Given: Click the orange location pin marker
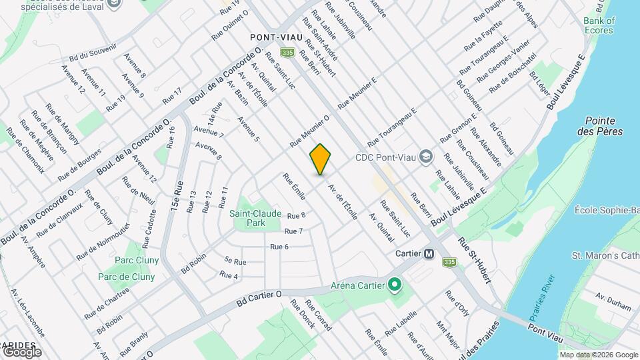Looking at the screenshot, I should [320, 159].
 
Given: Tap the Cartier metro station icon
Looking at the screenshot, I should [429, 254].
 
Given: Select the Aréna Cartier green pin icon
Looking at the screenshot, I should [394, 286].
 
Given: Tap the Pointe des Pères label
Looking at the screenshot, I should [603, 126].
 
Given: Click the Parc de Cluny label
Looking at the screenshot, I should [127, 277].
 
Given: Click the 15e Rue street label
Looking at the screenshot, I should [176, 190].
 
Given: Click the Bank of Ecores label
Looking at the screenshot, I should [599, 25].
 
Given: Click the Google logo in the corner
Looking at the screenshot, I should [22, 351].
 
